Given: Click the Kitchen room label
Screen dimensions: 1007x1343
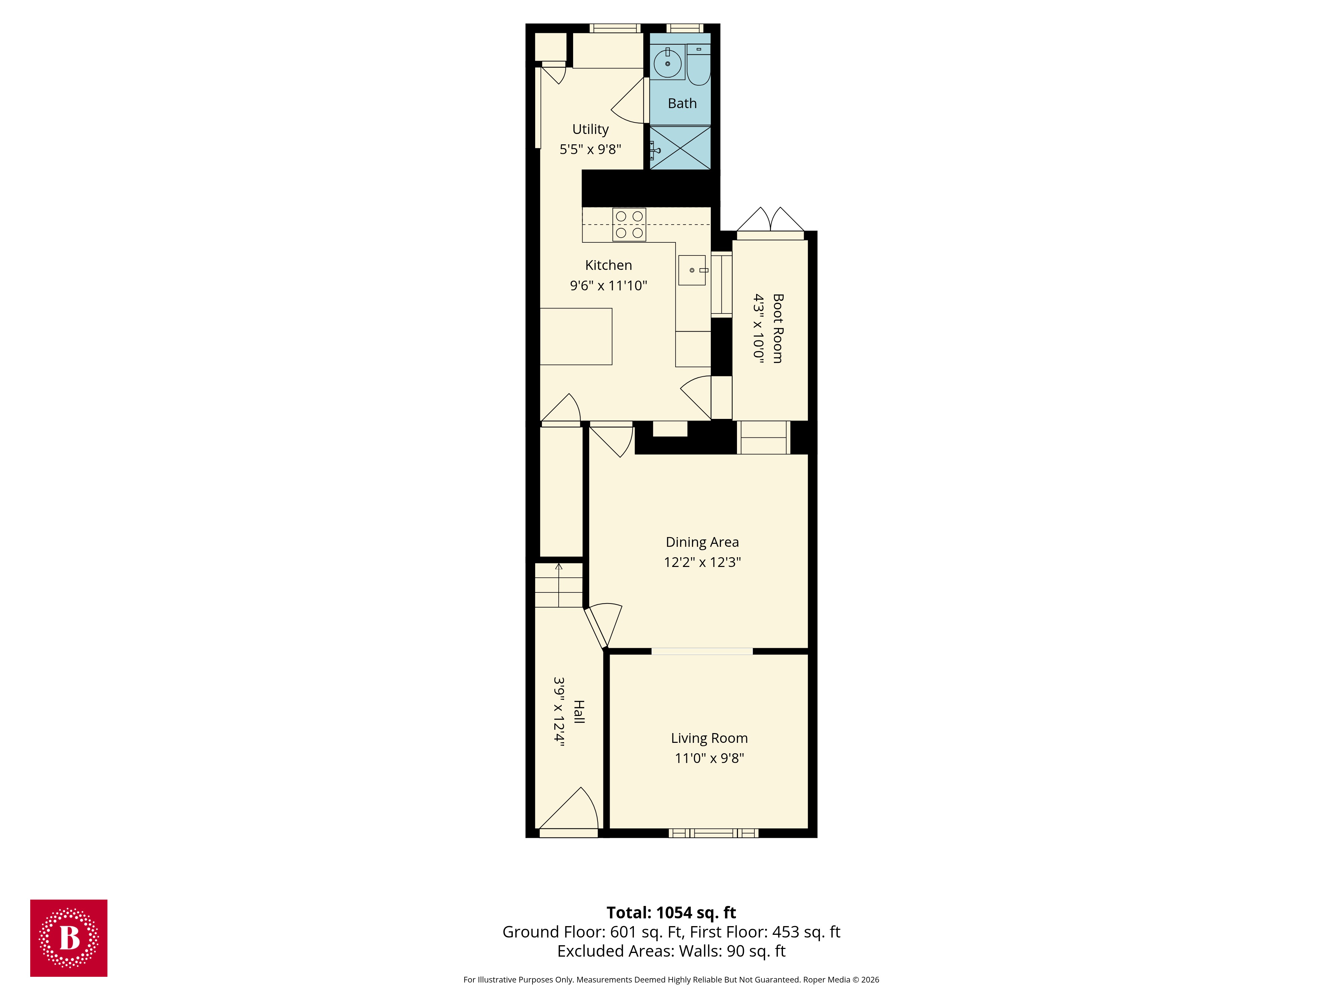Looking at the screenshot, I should [x=608, y=265].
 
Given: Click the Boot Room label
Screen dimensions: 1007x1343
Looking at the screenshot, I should [x=778, y=328].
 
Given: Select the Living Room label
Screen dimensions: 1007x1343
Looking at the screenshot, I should [x=709, y=738].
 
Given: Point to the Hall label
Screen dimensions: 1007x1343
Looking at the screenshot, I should [x=579, y=711].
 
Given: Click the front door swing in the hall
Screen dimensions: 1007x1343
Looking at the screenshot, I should [x=574, y=810].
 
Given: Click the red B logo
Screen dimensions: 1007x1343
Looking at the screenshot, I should [x=68, y=938].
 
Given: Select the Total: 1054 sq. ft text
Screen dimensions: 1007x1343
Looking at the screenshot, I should [x=671, y=912].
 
